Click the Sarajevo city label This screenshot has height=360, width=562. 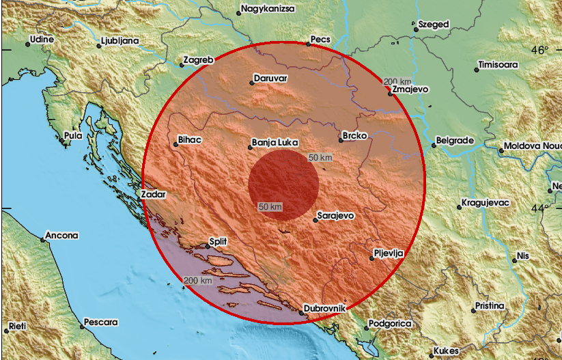tap(336, 215)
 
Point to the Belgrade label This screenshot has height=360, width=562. tap(455, 141)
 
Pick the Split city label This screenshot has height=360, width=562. tap(219, 241)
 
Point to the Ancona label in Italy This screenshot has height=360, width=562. tap(62, 236)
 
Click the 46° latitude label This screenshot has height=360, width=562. tap(539, 50)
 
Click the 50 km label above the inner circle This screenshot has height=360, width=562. tap(320, 158)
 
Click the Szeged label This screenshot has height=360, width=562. tap(434, 25)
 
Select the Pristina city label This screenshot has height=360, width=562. tap(490, 305)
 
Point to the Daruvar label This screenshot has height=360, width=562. tap(271, 79)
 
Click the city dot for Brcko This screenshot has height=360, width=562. tap(340, 141)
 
